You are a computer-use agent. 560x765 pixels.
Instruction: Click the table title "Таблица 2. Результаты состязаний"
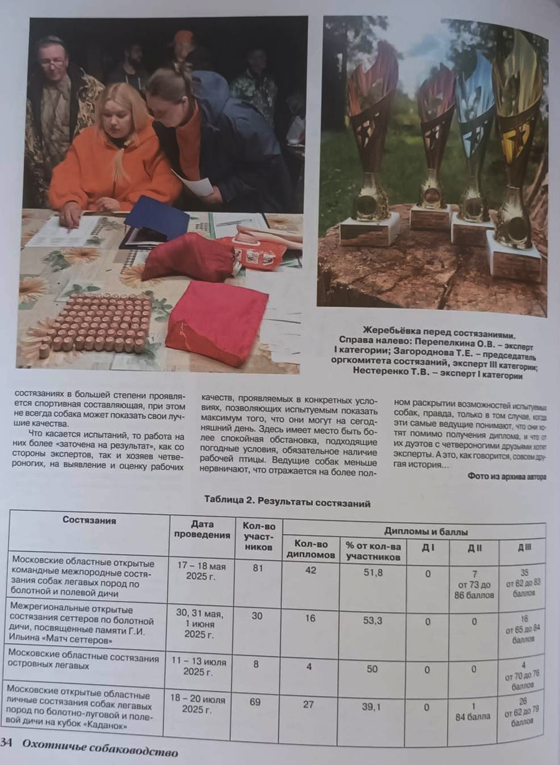[x=287, y=502]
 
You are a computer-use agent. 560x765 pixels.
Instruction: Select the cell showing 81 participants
[x=256, y=567]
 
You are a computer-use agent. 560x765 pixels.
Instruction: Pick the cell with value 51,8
[x=373, y=571]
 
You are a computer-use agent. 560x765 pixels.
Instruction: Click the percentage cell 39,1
[x=373, y=706]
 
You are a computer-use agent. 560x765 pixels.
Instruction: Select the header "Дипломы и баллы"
[x=426, y=532]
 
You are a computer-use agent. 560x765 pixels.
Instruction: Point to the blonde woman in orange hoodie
[x=115, y=156]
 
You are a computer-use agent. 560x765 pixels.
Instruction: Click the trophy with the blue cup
[x=475, y=149]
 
